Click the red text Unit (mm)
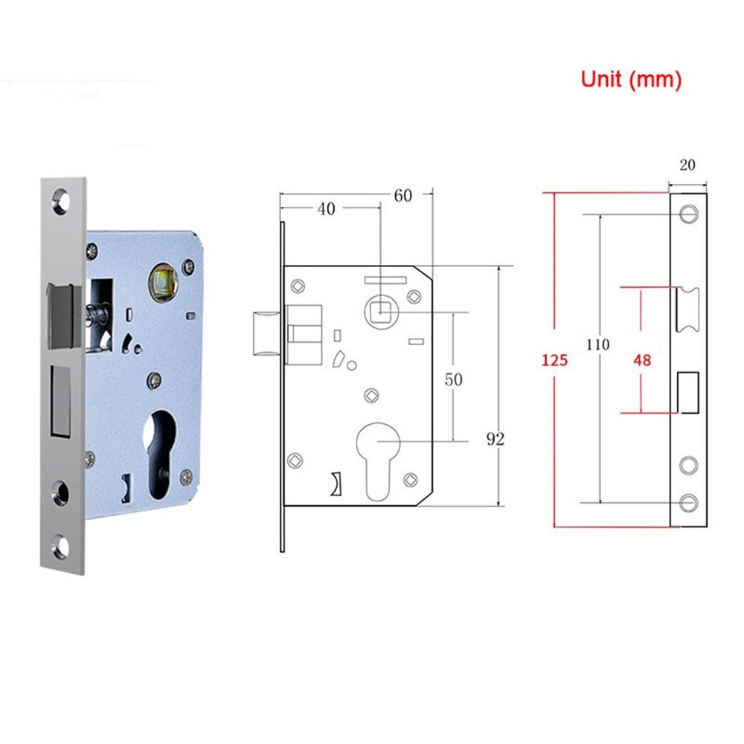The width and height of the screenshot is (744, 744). tap(631, 80)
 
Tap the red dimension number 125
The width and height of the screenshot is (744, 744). tap(554, 361)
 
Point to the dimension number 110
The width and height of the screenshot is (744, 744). tap(597, 344)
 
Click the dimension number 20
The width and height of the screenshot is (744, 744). tap(687, 165)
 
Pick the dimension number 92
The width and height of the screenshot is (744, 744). tap(496, 439)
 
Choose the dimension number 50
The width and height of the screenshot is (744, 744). tap(453, 379)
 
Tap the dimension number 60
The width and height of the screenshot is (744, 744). tap(403, 196)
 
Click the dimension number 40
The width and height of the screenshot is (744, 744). tap(326, 209)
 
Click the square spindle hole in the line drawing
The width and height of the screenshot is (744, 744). tap(380, 311)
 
